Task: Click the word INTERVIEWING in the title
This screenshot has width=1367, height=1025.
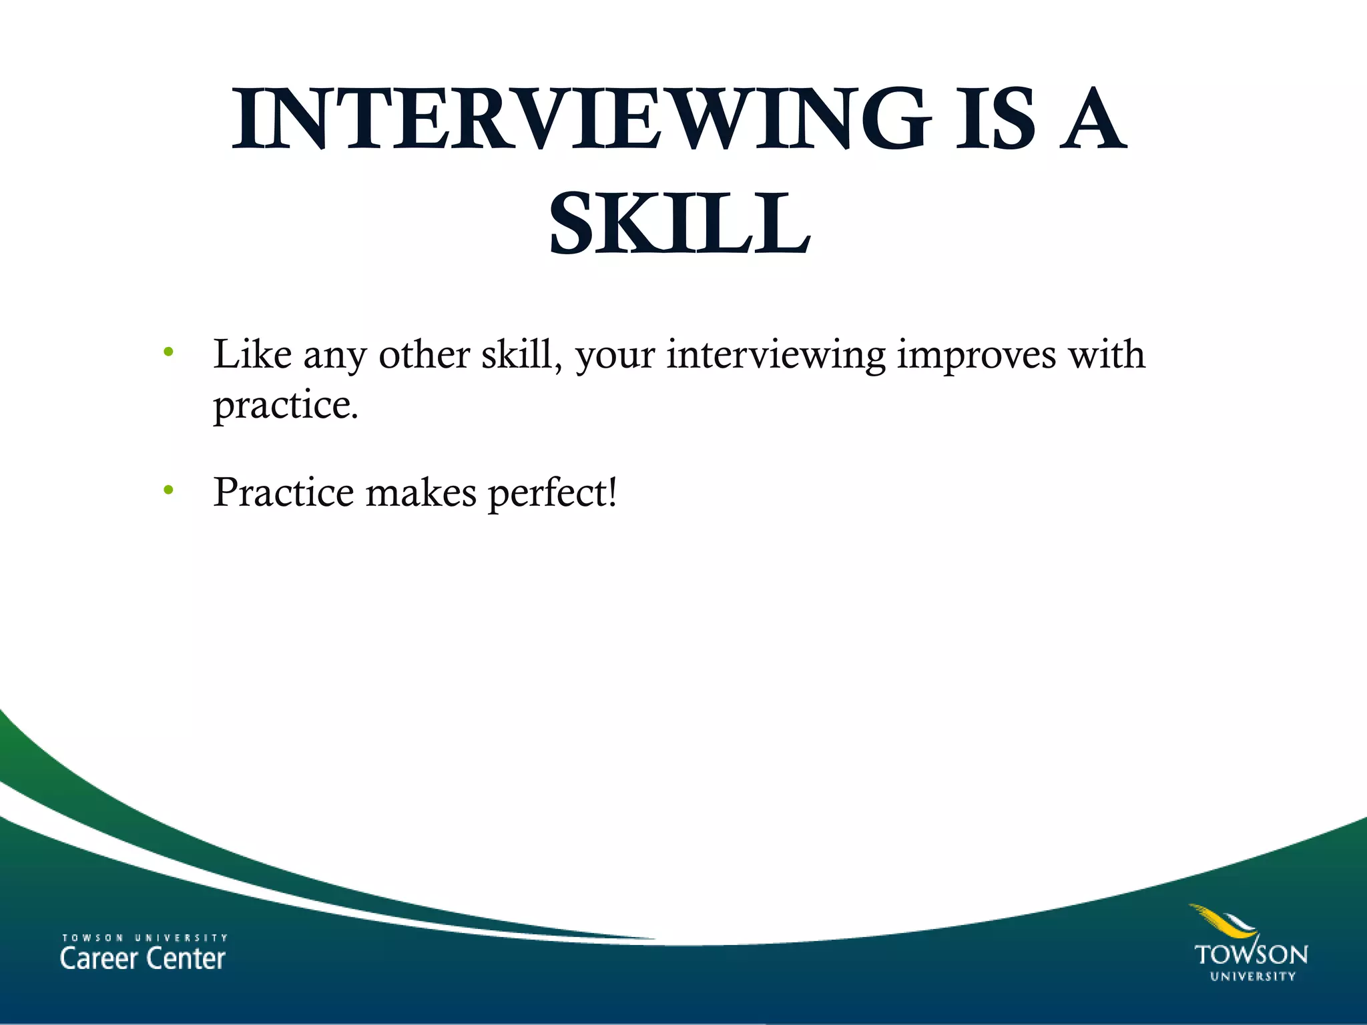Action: (x=581, y=119)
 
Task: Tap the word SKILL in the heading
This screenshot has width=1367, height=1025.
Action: (x=679, y=223)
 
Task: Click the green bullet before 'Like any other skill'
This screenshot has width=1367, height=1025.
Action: (x=168, y=352)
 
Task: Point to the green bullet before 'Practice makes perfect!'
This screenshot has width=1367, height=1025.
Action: (x=168, y=490)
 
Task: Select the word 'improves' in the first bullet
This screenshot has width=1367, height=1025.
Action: (x=977, y=356)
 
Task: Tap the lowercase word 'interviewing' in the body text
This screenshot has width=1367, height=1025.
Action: (x=776, y=356)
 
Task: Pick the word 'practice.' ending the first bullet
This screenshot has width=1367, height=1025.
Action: (x=286, y=405)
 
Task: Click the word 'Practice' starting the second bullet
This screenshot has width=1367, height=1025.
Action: (x=284, y=492)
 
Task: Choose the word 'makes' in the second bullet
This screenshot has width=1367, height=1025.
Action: (x=421, y=492)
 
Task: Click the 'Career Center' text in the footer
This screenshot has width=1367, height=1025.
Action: (x=143, y=959)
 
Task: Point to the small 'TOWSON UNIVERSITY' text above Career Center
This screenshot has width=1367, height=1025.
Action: (x=145, y=938)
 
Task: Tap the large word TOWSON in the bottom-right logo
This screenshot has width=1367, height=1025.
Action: (x=1251, y=954)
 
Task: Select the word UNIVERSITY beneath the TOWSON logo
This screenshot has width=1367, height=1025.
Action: (x=1253, y=976)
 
